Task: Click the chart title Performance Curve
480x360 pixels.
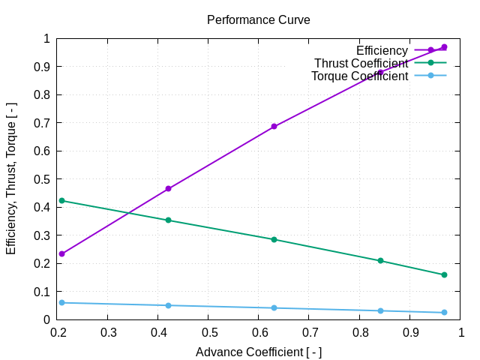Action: [x=258, y=19]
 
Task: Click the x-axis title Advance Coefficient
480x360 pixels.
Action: [x=258, y=352]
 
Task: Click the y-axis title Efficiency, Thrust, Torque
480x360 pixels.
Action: [x=11, y=178]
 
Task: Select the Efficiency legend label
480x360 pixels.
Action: [x=382, y=50]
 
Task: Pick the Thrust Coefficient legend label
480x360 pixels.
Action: [x=361, y=63]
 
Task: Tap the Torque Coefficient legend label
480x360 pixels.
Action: [x=359, y=76]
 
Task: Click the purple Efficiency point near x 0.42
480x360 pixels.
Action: [x=168, y=189]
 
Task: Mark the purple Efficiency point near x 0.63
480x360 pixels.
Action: [x=274, y=127]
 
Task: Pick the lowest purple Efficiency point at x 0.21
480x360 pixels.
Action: [x=61, y=253]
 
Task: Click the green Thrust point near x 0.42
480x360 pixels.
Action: [x=168, y=220]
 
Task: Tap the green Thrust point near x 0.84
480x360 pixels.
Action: [x=380, y=261]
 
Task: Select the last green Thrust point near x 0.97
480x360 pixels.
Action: [x=444, y=274]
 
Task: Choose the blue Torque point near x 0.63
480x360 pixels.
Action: [x=274, y=308]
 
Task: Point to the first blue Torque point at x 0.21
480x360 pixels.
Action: [x=61, y=303]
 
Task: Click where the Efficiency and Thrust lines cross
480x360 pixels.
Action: [x=128, y=213]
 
